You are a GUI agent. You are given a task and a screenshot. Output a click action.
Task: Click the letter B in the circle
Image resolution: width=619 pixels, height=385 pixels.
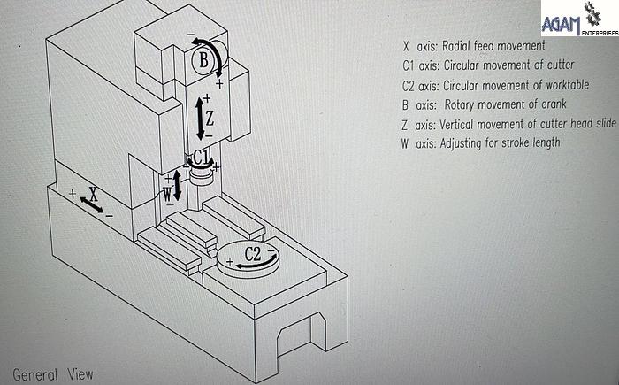tap(203, 61)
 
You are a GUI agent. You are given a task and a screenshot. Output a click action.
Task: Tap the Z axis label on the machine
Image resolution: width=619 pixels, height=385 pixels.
tap(210, 117)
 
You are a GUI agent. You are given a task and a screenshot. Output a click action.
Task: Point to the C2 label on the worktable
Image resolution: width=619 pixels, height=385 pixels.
tap(252, 253)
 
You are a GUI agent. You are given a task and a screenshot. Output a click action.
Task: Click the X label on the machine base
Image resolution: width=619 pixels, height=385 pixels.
tap(93, 191)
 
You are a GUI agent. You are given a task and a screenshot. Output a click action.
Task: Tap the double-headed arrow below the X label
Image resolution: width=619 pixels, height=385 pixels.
tap(91, 204)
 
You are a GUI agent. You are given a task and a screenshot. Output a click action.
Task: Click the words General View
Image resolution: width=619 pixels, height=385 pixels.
tap(52, 374)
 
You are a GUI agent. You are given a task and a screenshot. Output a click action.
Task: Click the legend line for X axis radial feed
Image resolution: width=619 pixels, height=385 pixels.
tap(473, 45)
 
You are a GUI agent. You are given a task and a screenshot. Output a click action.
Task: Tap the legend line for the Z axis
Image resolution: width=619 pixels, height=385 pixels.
tap(508, 124)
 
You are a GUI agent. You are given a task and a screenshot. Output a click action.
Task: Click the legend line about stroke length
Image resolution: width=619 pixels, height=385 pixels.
tap(480, 143)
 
